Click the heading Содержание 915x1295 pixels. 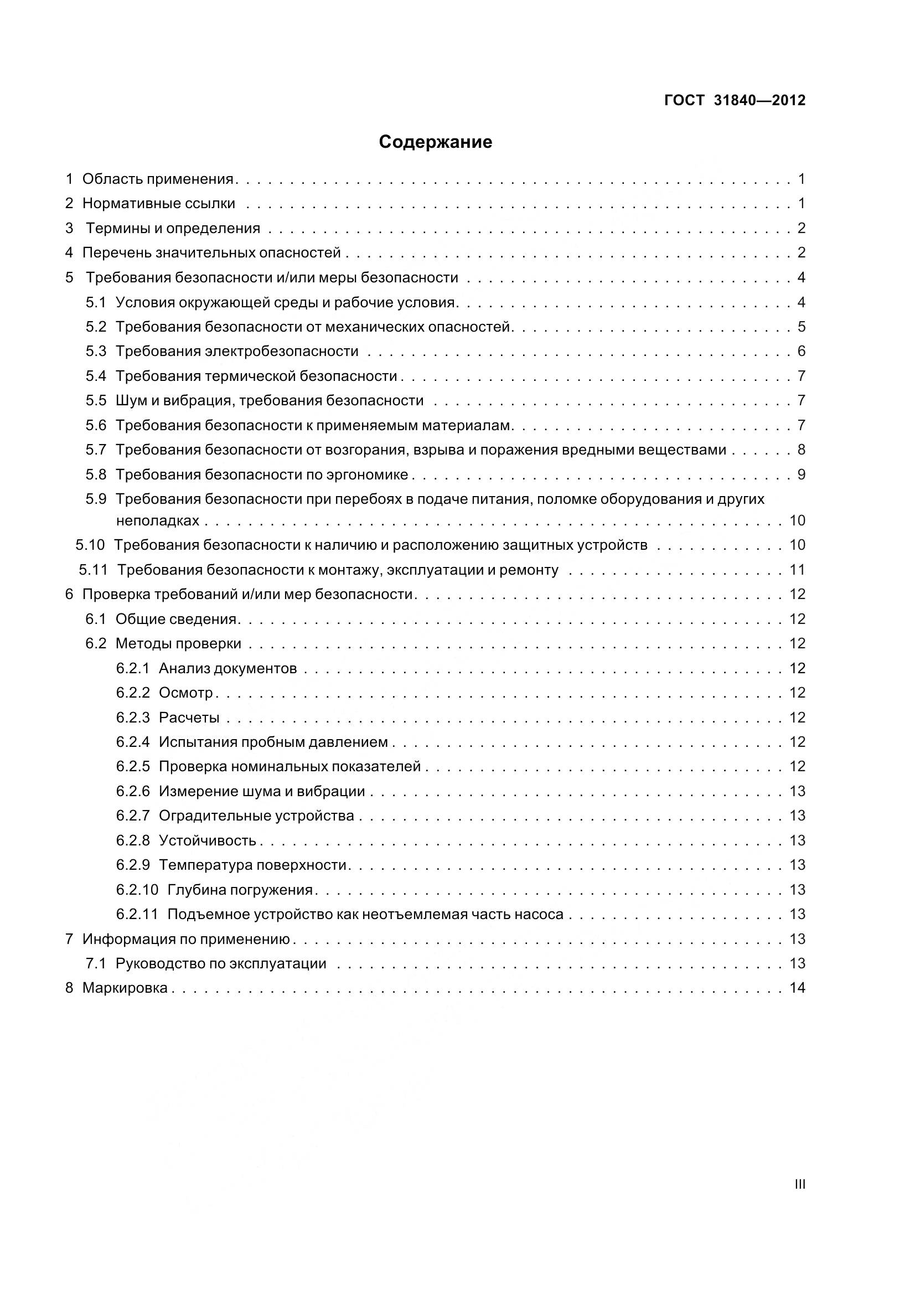(435, 142)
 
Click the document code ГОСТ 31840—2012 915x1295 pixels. (735, 100)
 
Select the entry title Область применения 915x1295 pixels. (158, 179)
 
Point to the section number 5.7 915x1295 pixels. (96, 450)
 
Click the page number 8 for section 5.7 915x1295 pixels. (801, 450)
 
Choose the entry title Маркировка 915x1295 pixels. (125, 988)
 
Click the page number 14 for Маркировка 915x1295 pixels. (797, 988)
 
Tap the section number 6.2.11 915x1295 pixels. (137, 914)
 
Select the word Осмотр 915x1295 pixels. (186, 693)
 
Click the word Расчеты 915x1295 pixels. (189, 718)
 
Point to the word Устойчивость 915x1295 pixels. (208, 840)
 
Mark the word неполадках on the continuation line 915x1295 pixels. (157, 520)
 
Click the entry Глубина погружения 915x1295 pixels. (240, 890)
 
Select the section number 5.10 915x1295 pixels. (90, 545)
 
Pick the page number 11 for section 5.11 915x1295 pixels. (797, 570)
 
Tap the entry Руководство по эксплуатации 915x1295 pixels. (221, 963)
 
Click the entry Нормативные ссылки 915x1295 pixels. (159, 204)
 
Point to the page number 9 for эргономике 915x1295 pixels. (801, 474)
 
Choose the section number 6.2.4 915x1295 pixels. (133, 742)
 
